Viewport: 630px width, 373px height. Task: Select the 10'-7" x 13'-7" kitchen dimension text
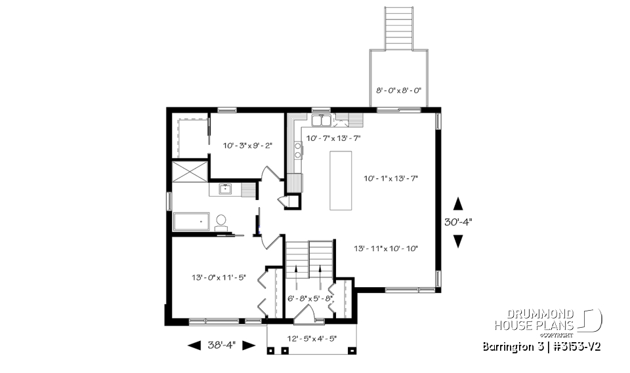point(333,138)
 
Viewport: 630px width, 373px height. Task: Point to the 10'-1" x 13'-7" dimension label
point(390,178)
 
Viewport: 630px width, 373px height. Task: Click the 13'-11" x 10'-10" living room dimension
point(386,248)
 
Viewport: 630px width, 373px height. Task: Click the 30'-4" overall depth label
point(458,223)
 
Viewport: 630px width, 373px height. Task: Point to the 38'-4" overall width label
point(221,345)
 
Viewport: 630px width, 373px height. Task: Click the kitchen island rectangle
point(340,180)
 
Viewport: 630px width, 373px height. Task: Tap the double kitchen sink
point(322,120)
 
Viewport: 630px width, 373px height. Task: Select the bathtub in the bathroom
point(191,222)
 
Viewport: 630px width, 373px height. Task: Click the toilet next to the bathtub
point(220,222)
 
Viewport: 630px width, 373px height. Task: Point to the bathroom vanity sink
point(225,190)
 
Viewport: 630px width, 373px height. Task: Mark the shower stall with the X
point(189,171)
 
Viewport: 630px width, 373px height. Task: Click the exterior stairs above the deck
point(399,28)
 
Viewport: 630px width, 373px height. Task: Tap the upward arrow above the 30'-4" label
point(458,203)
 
